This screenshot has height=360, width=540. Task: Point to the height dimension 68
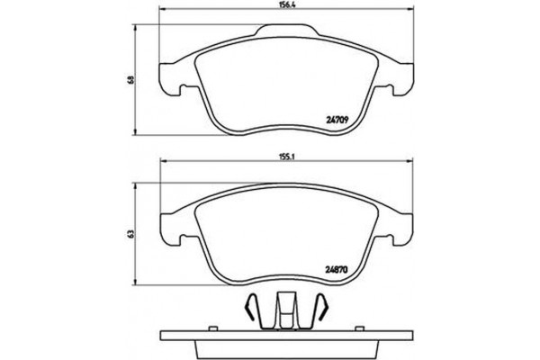pyautogui.click(x=131, y=80)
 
